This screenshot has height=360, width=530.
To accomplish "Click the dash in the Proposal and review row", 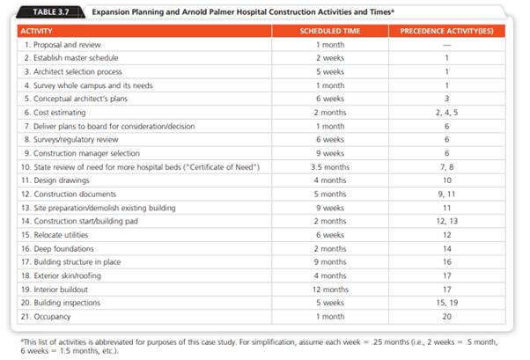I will pos(446,43).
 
